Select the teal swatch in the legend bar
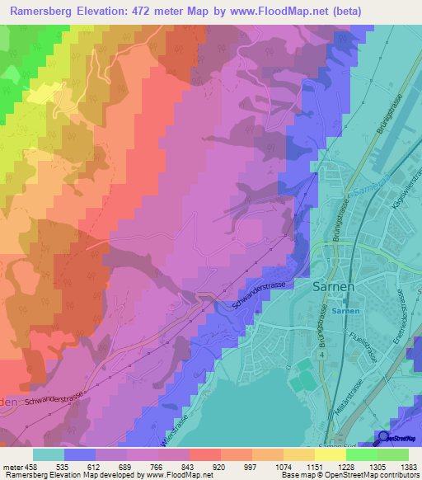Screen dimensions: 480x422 pos(49,454)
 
